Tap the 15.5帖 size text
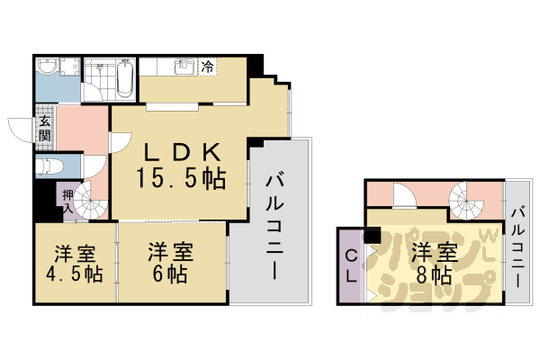pyautogui.click(x=180, y=177)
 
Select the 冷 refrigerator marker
pyautogui.click(x=208, y=66)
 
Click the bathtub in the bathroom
pyautogui.click(x=126, y=78)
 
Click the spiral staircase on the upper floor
pyautogui.click(x=469, y=200)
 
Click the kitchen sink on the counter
pyautogui.click(x=185, y=67)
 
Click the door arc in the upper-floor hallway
pyautogui.click(x=406, y=196)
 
